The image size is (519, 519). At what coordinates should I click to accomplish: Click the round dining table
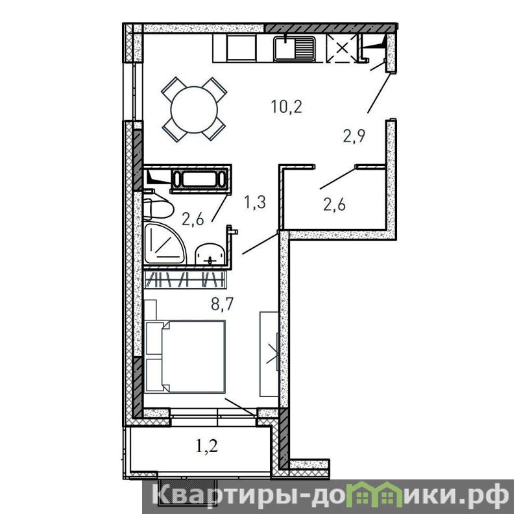click(194, 110)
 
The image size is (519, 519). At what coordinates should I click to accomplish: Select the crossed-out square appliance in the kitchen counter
click(342, 48)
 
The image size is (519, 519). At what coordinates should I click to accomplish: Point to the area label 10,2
click(286, 106)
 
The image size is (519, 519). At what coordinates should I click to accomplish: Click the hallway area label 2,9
click(354, 136)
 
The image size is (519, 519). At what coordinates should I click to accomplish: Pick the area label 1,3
click(255, 202)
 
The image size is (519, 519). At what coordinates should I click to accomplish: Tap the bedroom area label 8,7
click(222, 304)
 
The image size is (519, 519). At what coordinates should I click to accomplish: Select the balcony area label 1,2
click(207, 446)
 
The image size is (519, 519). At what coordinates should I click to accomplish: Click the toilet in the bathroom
click(158, 208)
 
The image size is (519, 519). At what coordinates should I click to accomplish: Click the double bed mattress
click(193, 356)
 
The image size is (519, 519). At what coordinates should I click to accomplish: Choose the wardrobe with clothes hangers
click(186, 279)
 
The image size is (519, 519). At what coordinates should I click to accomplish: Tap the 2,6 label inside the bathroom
click(193, 219)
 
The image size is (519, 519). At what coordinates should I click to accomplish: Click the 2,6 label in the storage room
click(334, 204)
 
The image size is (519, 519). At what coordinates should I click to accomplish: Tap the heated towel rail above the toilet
click(200, 179)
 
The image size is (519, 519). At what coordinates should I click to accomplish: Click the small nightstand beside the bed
click(150, 309)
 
